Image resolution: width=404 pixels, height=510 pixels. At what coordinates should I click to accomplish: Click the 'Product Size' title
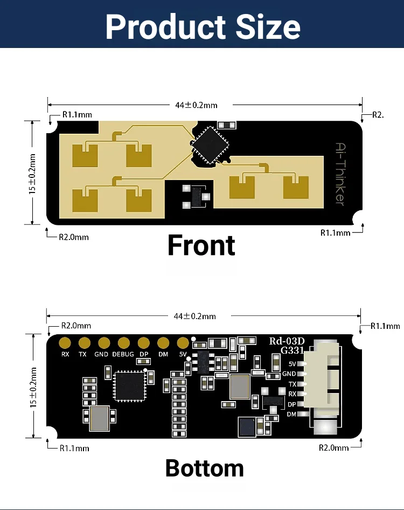pyautogui.click(x=203, y=26)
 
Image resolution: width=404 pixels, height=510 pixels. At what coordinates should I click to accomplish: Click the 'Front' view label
pyautogui.click(x=201, y=245)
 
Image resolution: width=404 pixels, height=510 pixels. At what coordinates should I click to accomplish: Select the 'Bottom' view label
pyautogui.click(x=205, y=468)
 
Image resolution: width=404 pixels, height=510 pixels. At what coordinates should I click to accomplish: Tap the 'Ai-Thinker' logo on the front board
pyautogui.click(x=340, y=174)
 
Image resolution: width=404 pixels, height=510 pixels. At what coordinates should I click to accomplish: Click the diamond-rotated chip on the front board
pyautogui.click(x=210, y=145)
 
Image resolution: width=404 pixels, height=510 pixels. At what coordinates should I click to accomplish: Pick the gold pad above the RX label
pyautogui.click(x=65, y=343)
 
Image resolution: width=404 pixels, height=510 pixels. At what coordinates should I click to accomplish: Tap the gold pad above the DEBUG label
pyautogui.click(x=124, y=343)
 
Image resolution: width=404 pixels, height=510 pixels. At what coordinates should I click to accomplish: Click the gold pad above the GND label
pyautogui.click(x=104, y=343)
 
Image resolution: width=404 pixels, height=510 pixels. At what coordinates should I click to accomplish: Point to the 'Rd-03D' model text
pyautogui.click(x=287, y=341)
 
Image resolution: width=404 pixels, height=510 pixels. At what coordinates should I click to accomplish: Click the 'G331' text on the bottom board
pyautogui.click(x=292, y=350)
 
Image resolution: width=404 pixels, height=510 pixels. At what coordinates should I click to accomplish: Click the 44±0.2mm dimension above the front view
pyautogui.click(x=196, y=105)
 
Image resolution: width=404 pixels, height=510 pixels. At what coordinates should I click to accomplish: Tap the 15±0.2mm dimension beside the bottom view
pyautogui.click(x=33, y=387)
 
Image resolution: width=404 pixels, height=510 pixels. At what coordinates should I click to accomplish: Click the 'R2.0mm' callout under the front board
pyautogui.click(x=74, y=237)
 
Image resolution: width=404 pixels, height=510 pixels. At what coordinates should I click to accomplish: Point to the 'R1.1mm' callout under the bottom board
pyautogui.click(x=74, y=448)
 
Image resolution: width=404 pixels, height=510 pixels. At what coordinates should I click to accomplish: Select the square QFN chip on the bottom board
pyautogui.click(x=130, y=387)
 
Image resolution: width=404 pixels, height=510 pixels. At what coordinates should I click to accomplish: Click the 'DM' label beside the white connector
pyautogui.click(x=291, y=414)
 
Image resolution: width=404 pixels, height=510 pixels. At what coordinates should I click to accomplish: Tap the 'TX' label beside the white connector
pyautogui.click(x=292, y=384)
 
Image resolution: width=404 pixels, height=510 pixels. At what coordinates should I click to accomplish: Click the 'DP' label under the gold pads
pyautogui.click(x=144, y=354)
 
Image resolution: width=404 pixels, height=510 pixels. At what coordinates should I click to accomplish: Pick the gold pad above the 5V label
pyautogui.click(x=183, y=343)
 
